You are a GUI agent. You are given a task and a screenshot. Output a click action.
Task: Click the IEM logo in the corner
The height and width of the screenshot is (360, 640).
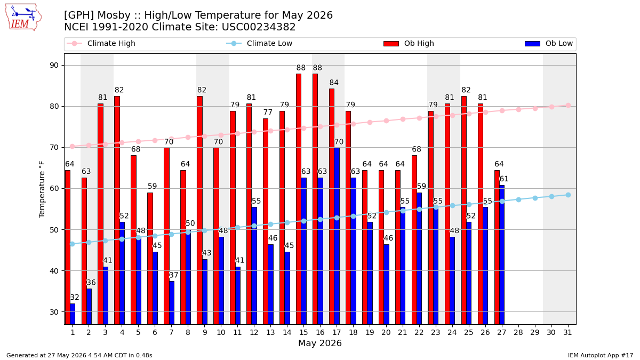coord(23,18)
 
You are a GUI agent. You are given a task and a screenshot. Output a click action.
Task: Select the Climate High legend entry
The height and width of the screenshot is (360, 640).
coord(101,43)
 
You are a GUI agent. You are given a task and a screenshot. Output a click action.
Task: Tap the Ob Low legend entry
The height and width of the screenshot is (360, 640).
coord(549,43)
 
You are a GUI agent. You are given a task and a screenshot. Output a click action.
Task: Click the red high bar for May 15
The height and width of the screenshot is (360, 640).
coord(299,199)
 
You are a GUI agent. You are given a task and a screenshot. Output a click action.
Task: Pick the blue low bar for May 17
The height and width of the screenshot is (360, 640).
coord(337,236)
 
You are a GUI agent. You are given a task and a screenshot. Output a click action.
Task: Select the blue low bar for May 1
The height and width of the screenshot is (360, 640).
coord(73,314)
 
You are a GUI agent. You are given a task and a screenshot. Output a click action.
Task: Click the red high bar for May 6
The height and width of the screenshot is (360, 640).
coord(150,259)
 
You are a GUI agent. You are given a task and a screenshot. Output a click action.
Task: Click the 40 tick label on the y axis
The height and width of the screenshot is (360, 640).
coord(54,271)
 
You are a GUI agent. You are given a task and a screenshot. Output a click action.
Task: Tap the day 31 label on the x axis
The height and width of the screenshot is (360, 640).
coord(567,332)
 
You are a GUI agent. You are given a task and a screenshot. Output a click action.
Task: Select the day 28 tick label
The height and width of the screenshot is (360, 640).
coord(518,332)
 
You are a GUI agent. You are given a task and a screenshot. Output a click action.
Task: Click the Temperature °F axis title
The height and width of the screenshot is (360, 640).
coord(42,189)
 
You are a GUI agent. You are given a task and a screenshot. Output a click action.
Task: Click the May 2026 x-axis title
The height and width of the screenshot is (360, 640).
coord(320,343)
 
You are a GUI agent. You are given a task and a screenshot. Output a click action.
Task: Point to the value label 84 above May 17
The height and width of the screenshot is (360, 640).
coord(334,83)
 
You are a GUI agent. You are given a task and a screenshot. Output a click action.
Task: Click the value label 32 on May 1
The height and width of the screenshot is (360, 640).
coord(74,298)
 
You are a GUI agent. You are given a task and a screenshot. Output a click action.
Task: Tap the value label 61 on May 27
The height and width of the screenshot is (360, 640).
coord(503,179)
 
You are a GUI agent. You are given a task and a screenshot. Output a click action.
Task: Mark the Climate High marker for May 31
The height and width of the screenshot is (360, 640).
coord(568,106)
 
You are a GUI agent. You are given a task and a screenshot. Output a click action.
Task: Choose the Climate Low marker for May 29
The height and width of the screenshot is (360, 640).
coord(535,198)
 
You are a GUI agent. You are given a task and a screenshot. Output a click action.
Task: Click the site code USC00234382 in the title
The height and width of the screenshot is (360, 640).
coord(259,27)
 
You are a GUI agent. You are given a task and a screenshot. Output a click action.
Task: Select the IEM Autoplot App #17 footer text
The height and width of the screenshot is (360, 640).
coord(601,355)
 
